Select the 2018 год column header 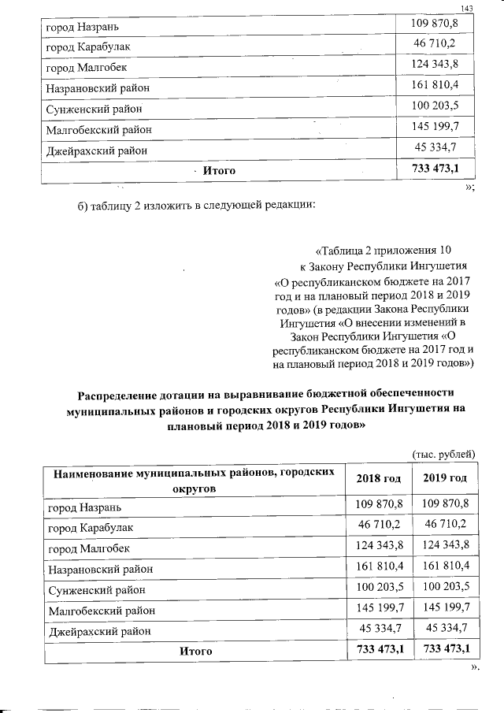tap(379, 478)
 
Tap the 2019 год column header tap(446, 478)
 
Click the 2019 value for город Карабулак tap(446, 524)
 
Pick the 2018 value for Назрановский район tap(379, 566)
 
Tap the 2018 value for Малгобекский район tap(379, 609)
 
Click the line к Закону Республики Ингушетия tap(384, 266)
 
